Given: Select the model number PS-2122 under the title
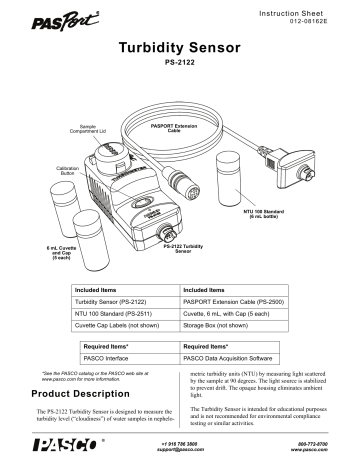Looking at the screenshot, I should tap(179, 67).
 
